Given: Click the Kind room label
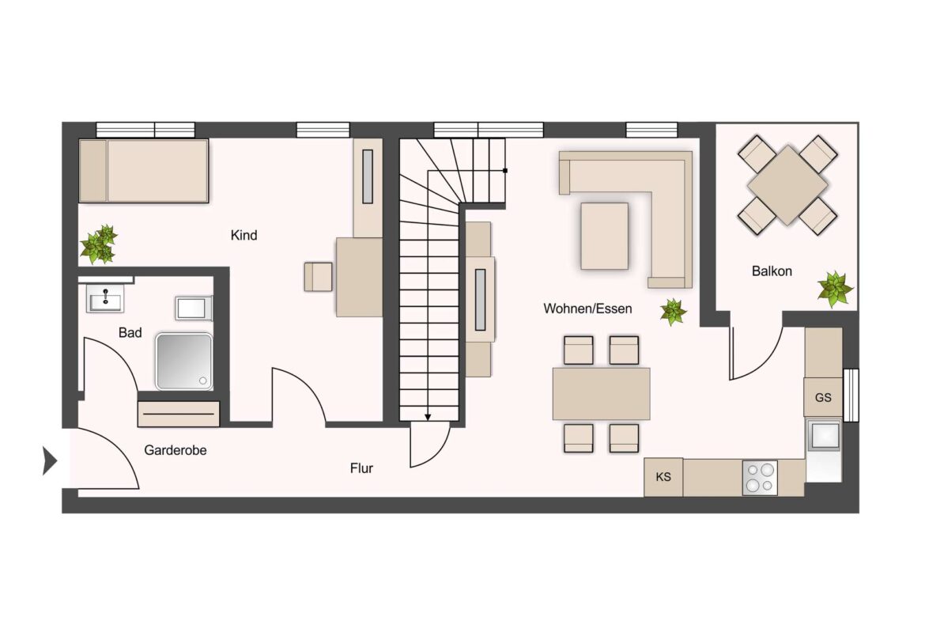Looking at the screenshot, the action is coord(244,236).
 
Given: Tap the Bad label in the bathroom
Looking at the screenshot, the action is coord(130,333).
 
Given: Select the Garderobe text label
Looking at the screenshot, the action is coord(176,450).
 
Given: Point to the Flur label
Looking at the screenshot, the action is coord(361,468).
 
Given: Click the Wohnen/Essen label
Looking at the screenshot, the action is coord(587,309).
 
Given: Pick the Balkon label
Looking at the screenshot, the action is coord(772,271).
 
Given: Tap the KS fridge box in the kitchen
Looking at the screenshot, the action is coord(663,477).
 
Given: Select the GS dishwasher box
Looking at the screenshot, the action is coord(823,398).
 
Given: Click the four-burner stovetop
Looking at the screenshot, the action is coord(760,478).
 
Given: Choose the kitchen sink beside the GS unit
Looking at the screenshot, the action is coord(824,436).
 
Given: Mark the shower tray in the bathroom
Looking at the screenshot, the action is coord(184,362).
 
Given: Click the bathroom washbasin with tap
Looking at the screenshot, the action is coord(105,298).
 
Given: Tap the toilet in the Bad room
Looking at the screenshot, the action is coord(193,309).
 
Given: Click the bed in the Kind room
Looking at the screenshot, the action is coord(143,171).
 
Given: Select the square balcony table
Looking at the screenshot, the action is coord(787,185).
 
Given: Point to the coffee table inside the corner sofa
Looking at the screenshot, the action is coord(605,236).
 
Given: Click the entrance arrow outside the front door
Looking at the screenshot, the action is coord(50,461).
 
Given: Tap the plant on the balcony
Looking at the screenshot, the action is coord(835,290).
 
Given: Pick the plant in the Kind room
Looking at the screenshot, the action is coord(99,244).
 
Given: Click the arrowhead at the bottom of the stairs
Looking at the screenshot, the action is coord(428,418).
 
